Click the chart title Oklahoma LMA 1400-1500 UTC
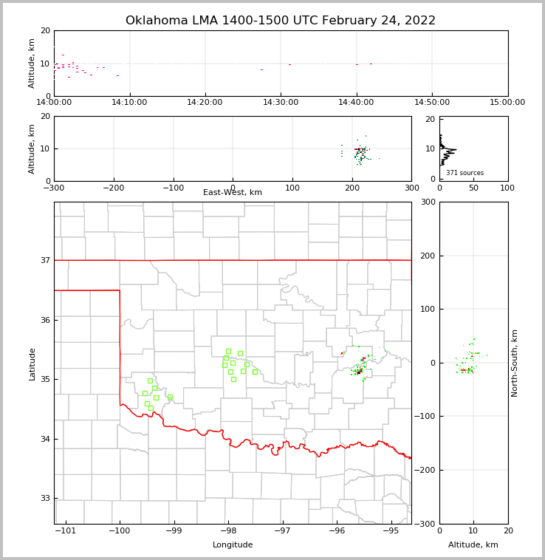tap(281, 21)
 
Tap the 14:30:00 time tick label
tap(281, 103)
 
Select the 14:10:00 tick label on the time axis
tap(130, 103)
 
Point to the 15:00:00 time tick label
tap(507, 103)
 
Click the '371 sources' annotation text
tap(465, 173)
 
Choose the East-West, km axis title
tap(233, 193)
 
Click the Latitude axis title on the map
tap(32, 363)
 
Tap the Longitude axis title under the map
tap(233, 545)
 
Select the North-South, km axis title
tap(515, 363)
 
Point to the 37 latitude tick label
tap(44, 261)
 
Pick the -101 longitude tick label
tap(66, 531)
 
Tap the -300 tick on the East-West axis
tap(54, 188)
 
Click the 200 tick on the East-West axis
tap(352, 188)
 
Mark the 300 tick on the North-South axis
tap(427, 202)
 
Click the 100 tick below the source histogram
tap(507, 188)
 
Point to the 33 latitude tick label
tap(44, 499)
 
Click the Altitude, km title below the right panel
tap(473, 545)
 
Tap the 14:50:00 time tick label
tap(432, 103)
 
